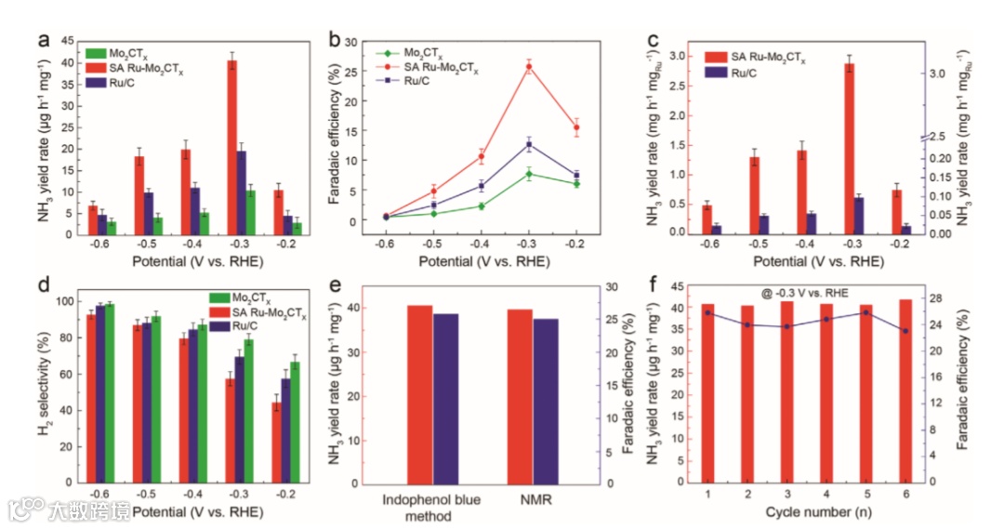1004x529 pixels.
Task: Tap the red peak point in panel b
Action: [529, 66]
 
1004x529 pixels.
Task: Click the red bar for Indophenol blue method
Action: [419, 394]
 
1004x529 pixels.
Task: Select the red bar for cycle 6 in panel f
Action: [905, 390]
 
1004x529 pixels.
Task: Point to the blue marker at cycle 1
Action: [707, 312]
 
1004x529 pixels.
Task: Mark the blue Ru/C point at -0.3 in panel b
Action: [529, 144]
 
